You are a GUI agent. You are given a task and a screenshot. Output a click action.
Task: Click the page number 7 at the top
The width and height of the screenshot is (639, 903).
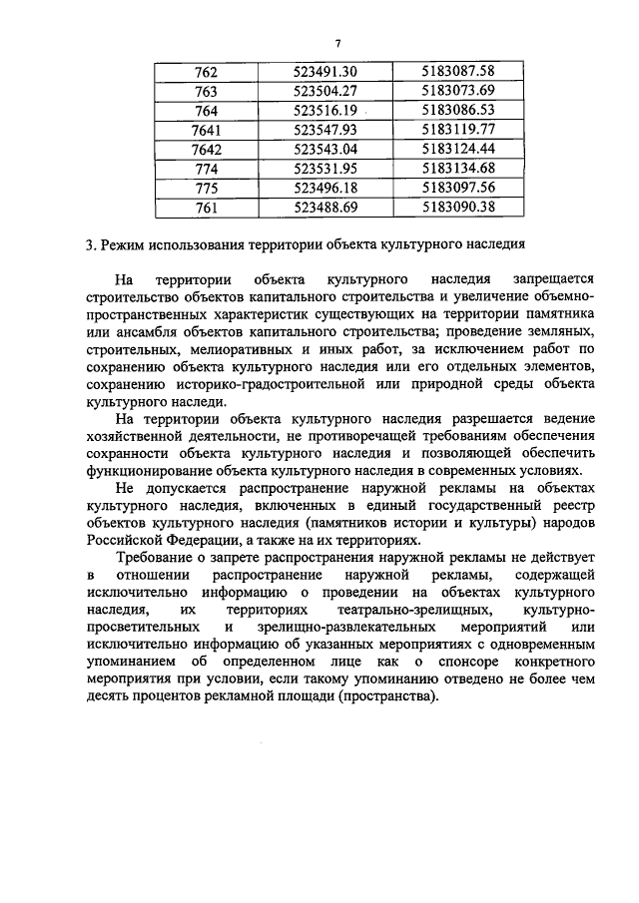tap(338, 43)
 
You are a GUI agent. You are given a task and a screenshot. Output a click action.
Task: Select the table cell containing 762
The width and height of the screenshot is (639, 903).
tap(207, 71)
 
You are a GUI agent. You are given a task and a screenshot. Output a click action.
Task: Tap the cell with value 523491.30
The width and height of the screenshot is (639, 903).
tap(326, 71)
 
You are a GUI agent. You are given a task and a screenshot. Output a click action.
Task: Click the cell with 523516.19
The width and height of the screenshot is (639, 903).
tap(326, 110)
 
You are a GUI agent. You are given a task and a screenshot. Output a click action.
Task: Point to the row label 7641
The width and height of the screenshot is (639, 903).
tap(206, 130)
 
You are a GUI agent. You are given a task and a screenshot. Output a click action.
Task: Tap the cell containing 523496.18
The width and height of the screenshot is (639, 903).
tap(326, 188)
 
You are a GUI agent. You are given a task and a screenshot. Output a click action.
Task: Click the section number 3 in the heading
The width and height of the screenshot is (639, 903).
tap(89, 245)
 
